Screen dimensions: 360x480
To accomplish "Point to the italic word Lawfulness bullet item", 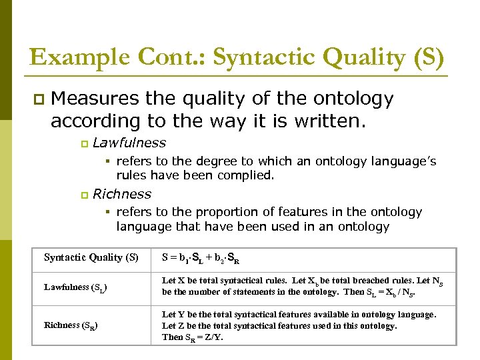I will (x=129, y=143).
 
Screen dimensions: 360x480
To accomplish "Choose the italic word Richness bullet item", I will (x=122, y=194).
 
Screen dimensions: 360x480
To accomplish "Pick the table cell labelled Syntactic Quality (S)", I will (x=91, y=257).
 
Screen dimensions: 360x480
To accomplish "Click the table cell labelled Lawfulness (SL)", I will (x=75, y=287).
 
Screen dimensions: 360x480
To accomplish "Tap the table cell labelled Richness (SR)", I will (x=71, y=326).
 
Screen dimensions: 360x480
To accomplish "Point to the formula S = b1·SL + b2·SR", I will (x=200, y=258).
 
